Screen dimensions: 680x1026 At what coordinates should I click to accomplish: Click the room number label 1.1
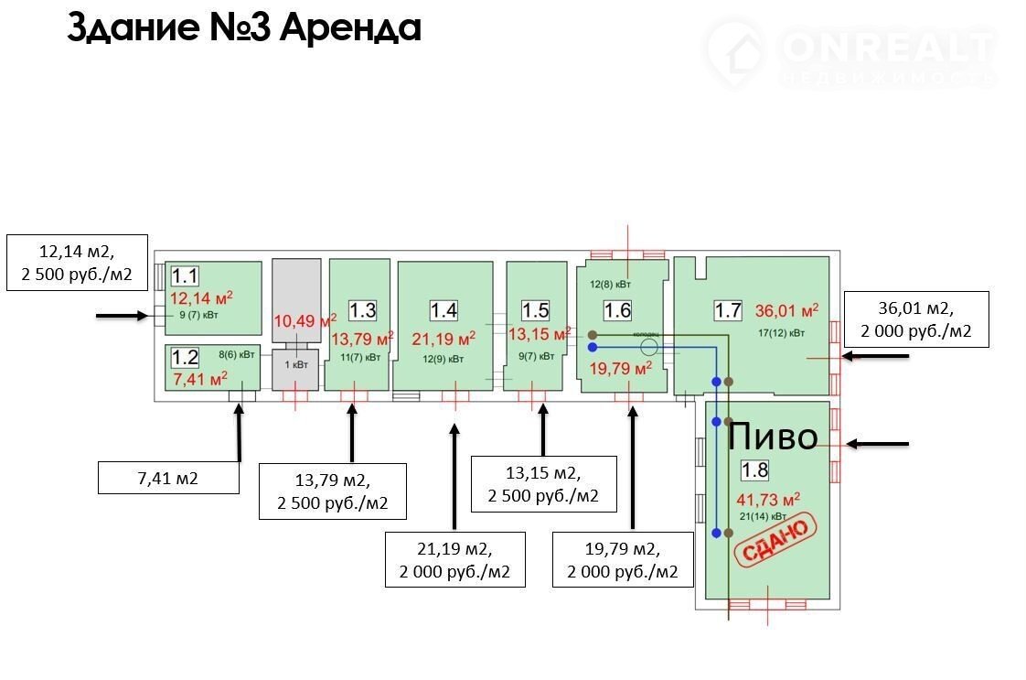pyautogui.click(x=185, y=275)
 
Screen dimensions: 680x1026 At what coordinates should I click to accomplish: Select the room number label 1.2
pyautogui.click(x=186, y=357)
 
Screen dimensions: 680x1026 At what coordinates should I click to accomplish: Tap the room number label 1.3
pyautogui.click(x=363, y=309)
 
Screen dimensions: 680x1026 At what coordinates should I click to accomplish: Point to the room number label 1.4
pyautogui.click(x=444, y=309)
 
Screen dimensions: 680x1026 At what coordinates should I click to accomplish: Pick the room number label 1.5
pyautogui.click(x=535, y=309)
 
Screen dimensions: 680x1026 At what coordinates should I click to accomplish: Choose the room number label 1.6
pyautogui.click(x=617, y=309)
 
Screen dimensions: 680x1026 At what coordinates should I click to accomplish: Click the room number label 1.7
pyautogui.click(x=728, y=309)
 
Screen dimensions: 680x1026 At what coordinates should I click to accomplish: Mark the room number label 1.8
pyautogui.click(x=754, y=470)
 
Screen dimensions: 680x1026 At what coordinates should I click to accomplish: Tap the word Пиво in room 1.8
pyautogui.click(x=772, y=437)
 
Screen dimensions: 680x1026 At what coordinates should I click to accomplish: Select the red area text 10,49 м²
pyautogui.click(x=305, y=320)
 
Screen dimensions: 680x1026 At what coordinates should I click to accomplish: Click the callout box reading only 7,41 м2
pyautogui.click(x=169, y=477)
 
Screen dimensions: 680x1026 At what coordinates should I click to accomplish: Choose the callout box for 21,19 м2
pyautogui.click(x=454, y=560)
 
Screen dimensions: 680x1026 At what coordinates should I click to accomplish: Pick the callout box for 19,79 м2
pyautogui.click(x=623, y=560)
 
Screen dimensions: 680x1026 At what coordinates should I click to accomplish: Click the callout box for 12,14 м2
pyautogui.click(x=78, y=262)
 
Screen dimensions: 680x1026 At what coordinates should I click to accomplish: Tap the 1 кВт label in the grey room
pyautogui.click(x=296, y=363)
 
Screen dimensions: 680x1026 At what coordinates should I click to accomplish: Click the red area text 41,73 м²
pyautogui.click(x=768, y=499)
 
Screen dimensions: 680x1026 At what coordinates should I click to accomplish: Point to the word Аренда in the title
pyautogui.click(x=349, y=27)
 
